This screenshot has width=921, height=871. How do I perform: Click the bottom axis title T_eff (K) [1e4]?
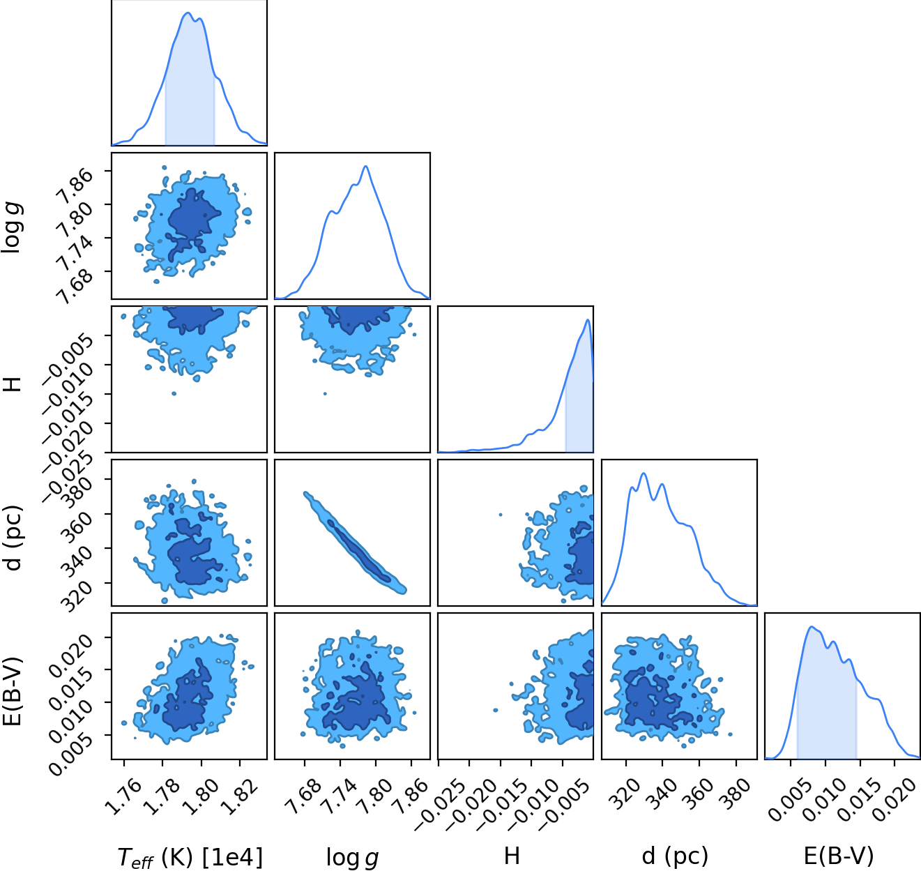[190, 858]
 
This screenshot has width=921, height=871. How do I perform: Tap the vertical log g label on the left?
[13, 228]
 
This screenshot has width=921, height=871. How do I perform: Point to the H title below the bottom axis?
[512, 856]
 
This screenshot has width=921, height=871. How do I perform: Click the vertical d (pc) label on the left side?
[13, 538]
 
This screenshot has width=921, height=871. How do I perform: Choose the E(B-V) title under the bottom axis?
[839, 856]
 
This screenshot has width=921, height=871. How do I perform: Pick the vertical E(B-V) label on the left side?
[13, 692]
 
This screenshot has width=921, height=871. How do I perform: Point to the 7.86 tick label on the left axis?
[75, 185]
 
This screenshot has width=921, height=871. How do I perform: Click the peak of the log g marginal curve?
[366, 166]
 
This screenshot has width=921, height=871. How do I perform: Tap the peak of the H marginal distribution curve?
[588, 319]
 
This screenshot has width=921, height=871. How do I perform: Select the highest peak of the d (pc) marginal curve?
[644, 474]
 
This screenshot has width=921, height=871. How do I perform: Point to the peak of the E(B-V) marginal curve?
[812, 626]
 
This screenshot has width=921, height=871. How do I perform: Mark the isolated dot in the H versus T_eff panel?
[174, 393]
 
